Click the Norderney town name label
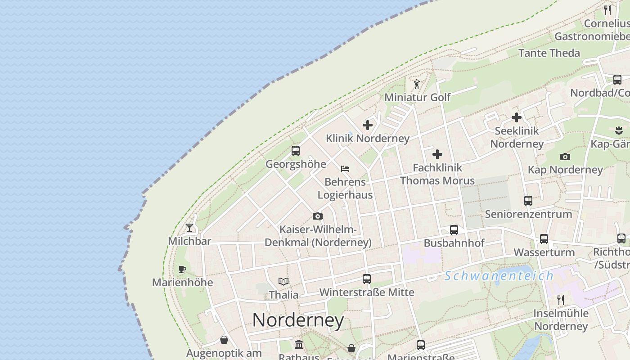click(298, 320)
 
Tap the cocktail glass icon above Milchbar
click(189, 228)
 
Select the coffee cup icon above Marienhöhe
click(182, 269)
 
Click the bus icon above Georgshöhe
click(296, 151)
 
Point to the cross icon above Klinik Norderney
click(368, 125)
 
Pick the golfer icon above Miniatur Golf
click(417, 84)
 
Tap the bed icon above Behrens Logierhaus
click(345, 169)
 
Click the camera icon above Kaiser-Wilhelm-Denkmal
click(318, 216)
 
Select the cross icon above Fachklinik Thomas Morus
click(437, 154)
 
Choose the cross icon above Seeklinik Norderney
click(517, 117)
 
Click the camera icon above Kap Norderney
click(565, 157)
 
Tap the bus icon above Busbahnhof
click(454, 230)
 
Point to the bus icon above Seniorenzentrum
click(528, 201)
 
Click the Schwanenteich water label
click(499, 276)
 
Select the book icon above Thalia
click(283, 282)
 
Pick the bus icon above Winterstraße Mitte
click(367, 279)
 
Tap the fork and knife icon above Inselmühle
click(561, 300)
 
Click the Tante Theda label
click(549, 53)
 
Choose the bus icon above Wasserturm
click(544, 239)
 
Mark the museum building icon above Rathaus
click(298, 345)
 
